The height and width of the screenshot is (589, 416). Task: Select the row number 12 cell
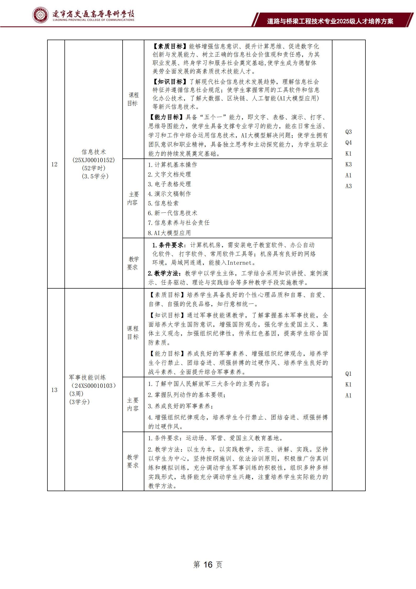click(54, 165)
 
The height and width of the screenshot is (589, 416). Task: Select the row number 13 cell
click(54, 390)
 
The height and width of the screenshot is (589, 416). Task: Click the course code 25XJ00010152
click(94, 160)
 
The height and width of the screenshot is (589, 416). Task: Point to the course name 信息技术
click(94, 152)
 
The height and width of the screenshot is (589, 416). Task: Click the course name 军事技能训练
click(87, 378)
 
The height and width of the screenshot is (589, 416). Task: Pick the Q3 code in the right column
click(348, 132)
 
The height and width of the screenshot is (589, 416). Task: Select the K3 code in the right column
click(348, 165)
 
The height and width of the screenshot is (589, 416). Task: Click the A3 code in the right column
click(348, 186)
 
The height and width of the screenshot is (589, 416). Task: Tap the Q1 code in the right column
click(348, 374)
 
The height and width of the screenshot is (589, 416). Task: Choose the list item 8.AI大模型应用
click(169, 233)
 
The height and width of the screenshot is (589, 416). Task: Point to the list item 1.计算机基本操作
click(172, 165)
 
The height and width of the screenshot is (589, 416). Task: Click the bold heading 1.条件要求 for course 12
click(168, 245)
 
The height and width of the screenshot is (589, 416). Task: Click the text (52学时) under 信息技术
click(94, 168)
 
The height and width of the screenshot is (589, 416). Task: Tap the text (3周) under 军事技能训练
click(76, 394)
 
